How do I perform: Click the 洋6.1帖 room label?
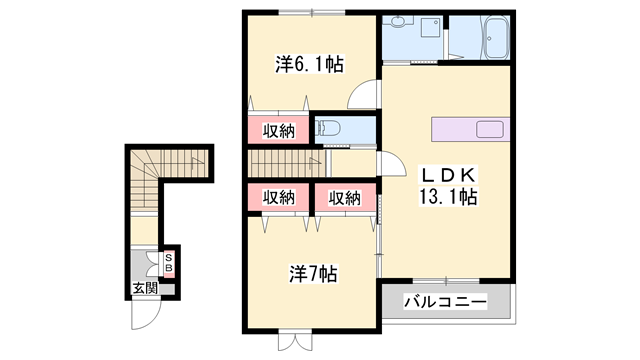[x=310, y=65]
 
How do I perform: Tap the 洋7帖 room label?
[x=312, y=272]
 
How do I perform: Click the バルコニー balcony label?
[x=445, y=301]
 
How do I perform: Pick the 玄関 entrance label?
[x=145, y=289]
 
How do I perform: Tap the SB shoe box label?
[x=169, y=263]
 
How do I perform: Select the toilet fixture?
[x=331, y=128]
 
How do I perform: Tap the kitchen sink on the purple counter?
[x=490, y=129]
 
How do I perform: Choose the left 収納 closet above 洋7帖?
[x=278, y=197]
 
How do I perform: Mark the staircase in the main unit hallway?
[x=286, y=162]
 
